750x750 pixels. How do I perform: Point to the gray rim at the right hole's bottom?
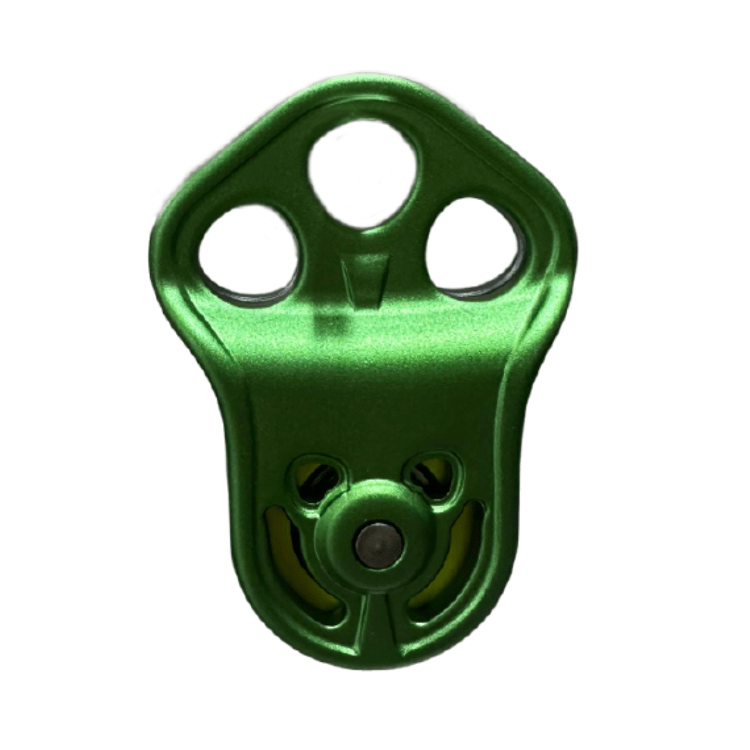tap(479, 288)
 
